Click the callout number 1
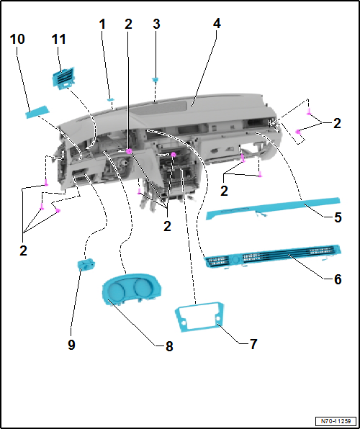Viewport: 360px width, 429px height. point(102,24)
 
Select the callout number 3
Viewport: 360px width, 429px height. point(156,24)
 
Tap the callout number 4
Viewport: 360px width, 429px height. point(217,23)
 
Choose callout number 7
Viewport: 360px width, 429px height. point(253,344)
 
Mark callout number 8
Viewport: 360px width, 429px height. point(169,346)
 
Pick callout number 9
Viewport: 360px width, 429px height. point(71,345)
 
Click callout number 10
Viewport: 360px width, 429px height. point(17,37)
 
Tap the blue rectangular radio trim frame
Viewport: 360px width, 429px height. point(197,317)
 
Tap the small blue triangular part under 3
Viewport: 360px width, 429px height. point(156,81)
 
